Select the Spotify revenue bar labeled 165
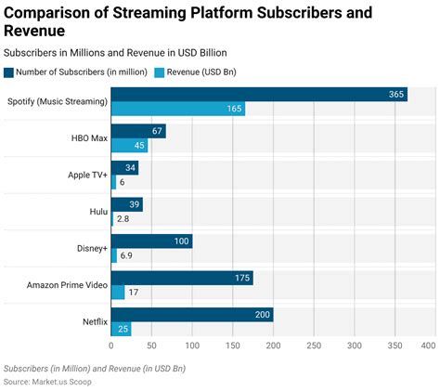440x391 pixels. (x=178, y=109)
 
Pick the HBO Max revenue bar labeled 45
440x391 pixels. (x=129, y=145)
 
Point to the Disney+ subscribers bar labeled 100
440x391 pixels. (x=151, y=241)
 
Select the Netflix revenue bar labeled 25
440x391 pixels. (x=121, y=329)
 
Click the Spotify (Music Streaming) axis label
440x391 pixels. (x=57, y=101)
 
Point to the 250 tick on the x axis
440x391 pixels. (x=313, y=345)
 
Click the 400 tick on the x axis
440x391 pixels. (x=428, y=345)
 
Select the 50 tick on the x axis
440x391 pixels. (x=151, y=345)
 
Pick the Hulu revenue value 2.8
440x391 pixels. (x=124, y=219)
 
